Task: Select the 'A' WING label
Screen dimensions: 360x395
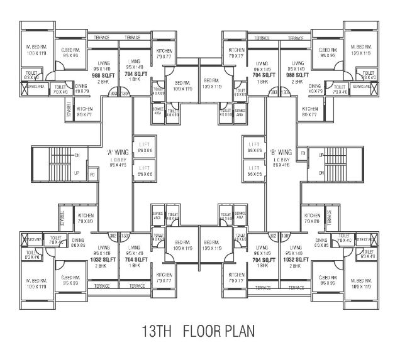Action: pos(118,151)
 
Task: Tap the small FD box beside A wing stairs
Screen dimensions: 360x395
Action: pos(92,173)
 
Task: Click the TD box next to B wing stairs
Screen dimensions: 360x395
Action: pos(303,153)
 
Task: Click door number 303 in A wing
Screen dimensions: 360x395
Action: pos(114,93)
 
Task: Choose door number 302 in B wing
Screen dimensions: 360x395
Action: pos(272,236)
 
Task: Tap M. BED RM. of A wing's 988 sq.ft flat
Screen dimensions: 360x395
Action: pos(38,50)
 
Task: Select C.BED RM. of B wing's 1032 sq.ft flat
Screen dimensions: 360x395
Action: pos(326,280)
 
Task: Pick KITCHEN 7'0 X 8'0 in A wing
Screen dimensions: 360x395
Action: pos(86,219)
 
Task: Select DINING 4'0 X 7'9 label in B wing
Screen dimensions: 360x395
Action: pos(315,89)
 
